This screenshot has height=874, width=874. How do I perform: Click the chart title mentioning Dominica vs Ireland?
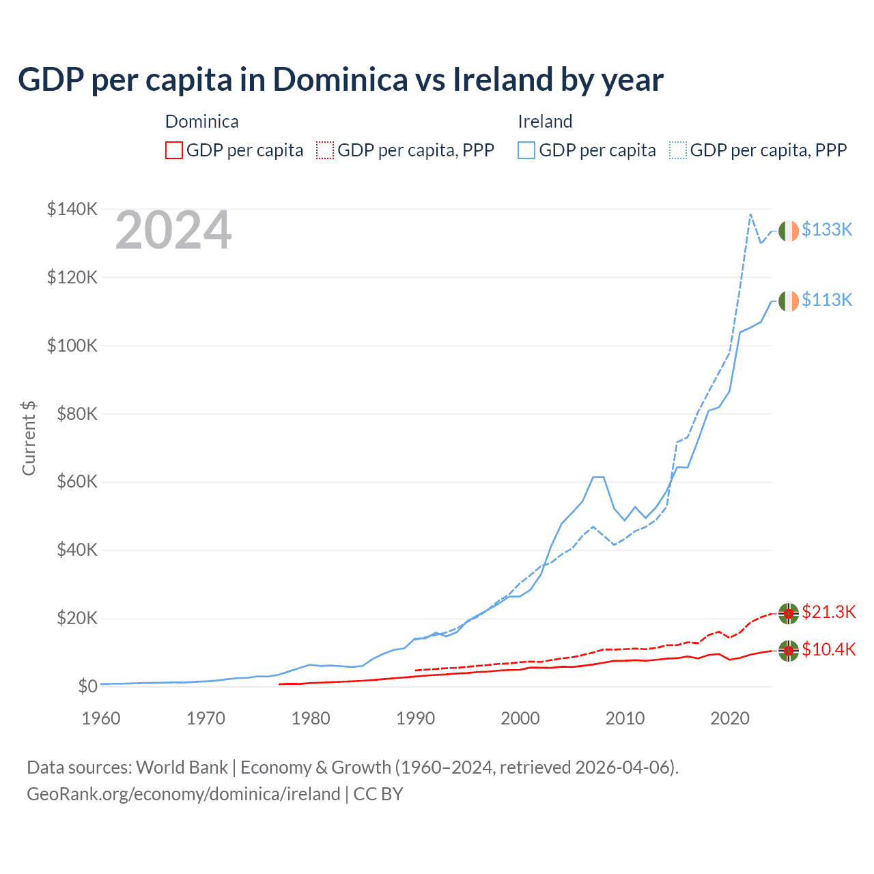tap(340, 79)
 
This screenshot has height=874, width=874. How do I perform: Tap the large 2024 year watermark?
tap(173, 231)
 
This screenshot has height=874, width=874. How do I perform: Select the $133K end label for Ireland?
tap(827, 229)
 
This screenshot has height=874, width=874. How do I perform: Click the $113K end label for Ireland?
tap(827, 300)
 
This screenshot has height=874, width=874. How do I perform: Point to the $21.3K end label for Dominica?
tap(828, 612)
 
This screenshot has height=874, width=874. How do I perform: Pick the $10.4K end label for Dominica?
tap(828, 649)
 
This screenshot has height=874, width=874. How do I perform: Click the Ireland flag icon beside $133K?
tap(789, 231)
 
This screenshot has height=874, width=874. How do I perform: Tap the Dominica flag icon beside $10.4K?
tap(789, 651)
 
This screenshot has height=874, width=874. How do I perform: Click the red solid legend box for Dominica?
tap(174, 150)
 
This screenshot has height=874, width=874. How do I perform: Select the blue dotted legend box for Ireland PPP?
tap(678, 150)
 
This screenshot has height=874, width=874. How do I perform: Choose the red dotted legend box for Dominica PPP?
tap(325, 150)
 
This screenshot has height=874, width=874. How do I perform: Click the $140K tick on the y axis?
tap(72, 209)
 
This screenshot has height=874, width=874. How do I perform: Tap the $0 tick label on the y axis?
tap(87, 686)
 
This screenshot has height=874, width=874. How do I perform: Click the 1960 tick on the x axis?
tap(101, 718)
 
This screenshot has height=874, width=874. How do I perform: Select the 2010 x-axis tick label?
tap(625, 718)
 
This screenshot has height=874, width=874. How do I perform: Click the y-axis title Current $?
tap(29, 438)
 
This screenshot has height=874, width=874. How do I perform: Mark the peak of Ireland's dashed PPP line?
tap(750, 214)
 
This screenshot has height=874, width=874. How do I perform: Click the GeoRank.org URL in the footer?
tap(183, 794)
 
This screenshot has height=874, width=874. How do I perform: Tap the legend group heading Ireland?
tap(545, 122)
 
